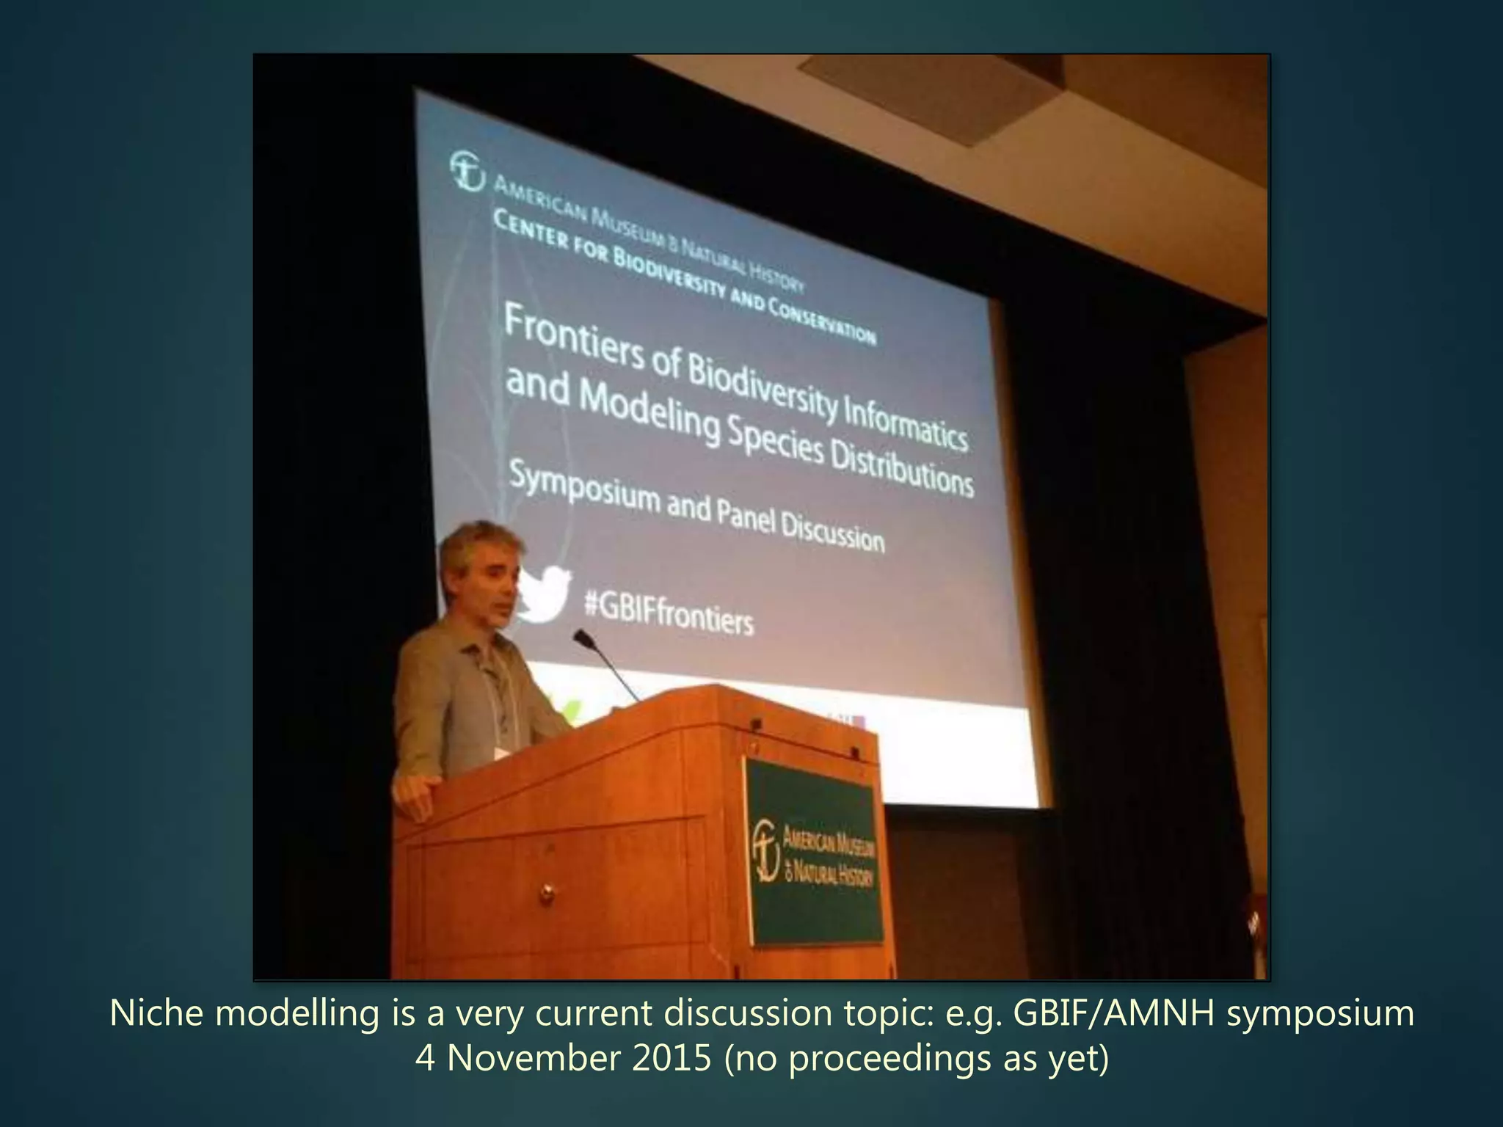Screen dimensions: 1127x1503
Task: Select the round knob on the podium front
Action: [547, 891]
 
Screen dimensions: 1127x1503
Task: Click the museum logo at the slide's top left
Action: [467, 170]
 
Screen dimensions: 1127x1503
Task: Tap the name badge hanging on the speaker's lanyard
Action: [502, 753]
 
